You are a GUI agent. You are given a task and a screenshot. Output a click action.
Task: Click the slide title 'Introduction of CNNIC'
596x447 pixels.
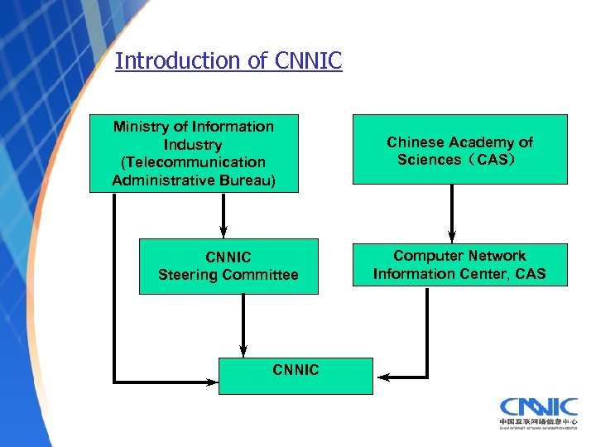(228, 60)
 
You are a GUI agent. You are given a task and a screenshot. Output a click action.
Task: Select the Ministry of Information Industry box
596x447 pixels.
(194, 153)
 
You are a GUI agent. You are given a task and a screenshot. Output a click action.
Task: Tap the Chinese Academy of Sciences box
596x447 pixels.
(459, 150)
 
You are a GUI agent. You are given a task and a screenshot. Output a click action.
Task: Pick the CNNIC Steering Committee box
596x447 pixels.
(228, 266)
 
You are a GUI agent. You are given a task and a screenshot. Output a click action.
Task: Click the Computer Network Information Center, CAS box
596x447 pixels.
(459, 265)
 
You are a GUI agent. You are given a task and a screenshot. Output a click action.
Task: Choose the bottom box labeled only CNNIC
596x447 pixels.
(296, 375)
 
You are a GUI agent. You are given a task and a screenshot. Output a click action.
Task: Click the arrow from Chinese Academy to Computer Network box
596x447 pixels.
(452, 213)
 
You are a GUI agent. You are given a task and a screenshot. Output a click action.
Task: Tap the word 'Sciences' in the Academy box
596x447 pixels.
(428, 160)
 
